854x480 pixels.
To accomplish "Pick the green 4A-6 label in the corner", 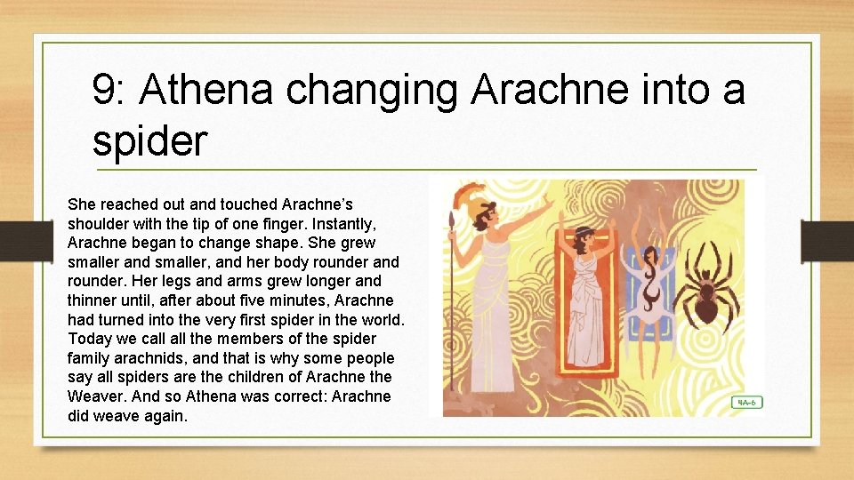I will [x=745, y=402].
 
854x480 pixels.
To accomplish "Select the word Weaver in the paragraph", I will [x=93, y=396].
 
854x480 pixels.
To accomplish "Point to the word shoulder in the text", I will [x=98, y=223].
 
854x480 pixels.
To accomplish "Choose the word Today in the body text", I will [x=88, y=339].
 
